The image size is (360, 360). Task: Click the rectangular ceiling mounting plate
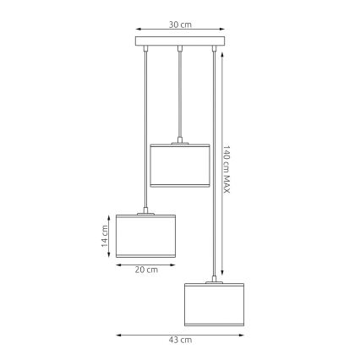coord(180,42)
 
